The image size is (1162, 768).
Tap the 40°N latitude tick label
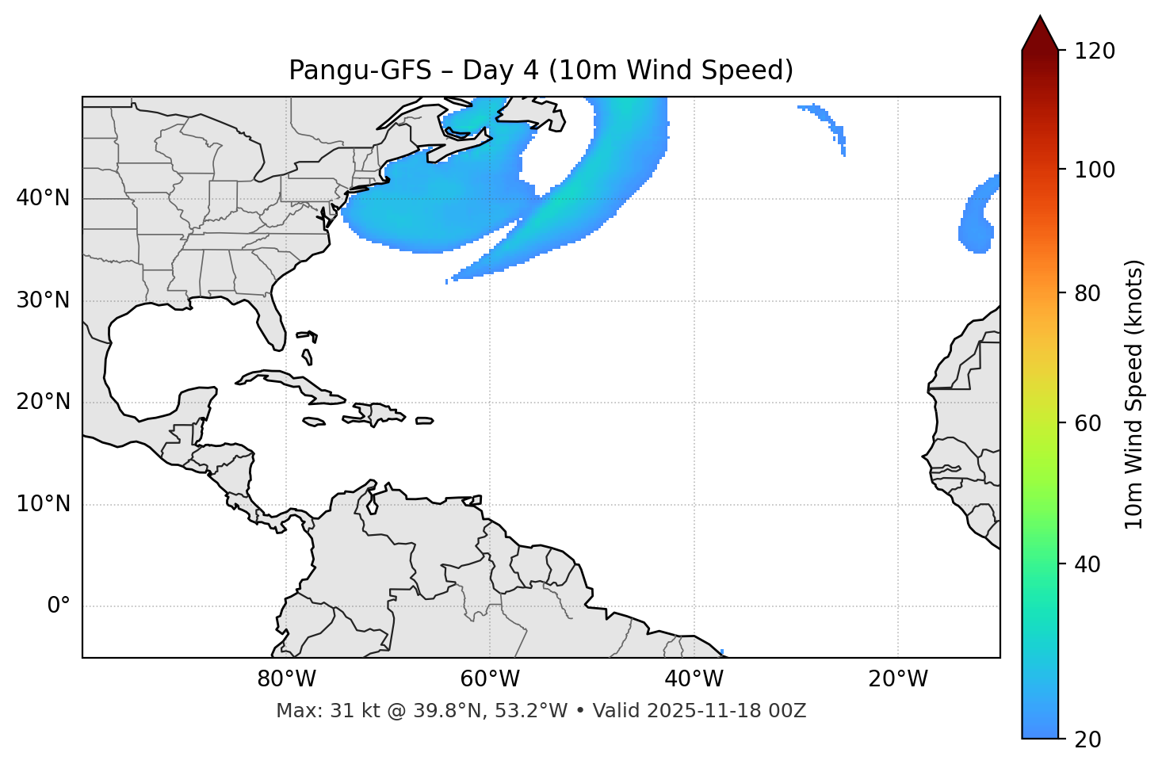(x=43, y=198)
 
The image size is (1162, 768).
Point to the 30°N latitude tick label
(x=43, y=300)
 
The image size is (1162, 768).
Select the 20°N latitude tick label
(x=43, y=402)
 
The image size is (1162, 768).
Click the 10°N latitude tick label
(x=43, y=504)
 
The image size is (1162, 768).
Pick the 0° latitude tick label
(x=59, y=606)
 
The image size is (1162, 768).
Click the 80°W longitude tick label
(x=286, y=679)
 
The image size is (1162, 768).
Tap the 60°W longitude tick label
(x=490, y=679)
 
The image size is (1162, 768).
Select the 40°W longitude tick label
(x=694, y=679)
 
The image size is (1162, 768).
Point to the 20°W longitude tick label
(x=897, y=679)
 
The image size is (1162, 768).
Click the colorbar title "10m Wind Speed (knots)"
(x=1134, y=394)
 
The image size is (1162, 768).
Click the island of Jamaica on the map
(x=314, y=422)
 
